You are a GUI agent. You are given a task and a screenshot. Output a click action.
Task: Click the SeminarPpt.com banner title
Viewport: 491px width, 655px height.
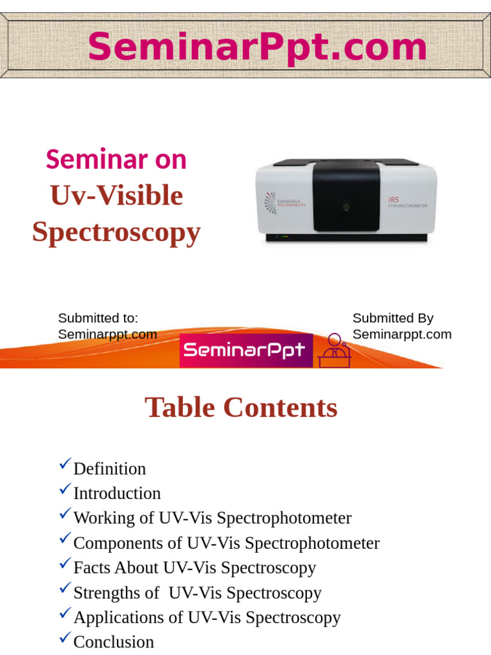tap(257, 47)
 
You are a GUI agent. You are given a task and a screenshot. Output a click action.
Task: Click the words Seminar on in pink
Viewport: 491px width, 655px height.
tap(116, 159)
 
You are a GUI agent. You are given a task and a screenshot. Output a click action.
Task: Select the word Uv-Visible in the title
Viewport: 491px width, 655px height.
tap(116, 195)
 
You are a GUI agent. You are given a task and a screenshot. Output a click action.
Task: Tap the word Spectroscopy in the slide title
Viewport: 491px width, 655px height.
tap(116, 232)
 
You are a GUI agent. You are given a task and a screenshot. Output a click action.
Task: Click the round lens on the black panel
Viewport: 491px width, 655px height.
tap(346, 207)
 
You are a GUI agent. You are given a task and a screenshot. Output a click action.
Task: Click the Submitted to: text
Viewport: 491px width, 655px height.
tap(98, 318)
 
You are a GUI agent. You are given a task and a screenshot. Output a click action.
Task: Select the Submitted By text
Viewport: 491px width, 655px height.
tap(393, 318)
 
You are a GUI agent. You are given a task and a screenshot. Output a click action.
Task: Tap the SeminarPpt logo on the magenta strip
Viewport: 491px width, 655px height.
tap(245, 351)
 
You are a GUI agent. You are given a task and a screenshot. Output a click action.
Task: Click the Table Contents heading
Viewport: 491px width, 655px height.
tap(241, 407)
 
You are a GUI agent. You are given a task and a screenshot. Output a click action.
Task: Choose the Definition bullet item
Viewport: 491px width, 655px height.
tap(109, 469)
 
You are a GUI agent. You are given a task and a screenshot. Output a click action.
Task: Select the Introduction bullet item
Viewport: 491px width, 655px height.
tap(117, 493)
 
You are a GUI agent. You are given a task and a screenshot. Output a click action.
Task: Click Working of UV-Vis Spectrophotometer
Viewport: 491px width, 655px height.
tap(212, 518)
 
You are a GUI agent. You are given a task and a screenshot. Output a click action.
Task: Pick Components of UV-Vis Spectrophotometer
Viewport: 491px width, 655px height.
tap(226, 543)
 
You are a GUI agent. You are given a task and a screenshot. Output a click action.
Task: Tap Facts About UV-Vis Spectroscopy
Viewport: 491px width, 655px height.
tap(194, 567)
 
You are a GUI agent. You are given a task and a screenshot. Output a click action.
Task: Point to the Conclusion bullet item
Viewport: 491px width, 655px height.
tap(114, 642)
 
